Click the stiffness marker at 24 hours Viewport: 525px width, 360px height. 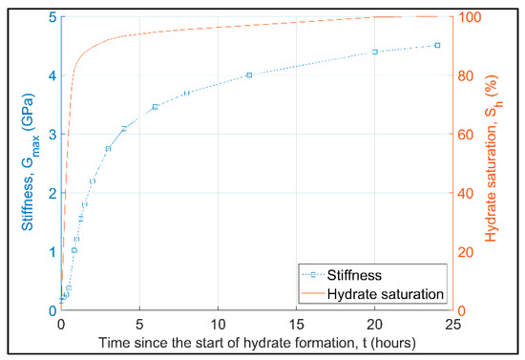[437, 45]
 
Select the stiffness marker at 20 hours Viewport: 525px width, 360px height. [374, 52]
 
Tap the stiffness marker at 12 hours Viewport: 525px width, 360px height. [249, 74]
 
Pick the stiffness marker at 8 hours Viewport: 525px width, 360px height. [186, 93]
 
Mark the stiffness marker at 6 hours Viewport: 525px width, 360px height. [155, 107]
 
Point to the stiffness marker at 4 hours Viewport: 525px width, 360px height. [123, 128]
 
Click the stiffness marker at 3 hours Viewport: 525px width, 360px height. [108, 148]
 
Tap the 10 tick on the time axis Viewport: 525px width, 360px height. [218, 323]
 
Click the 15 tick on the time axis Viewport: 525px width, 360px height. [296, 323]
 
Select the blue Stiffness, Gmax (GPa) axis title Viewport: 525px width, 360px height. [26, 162]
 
